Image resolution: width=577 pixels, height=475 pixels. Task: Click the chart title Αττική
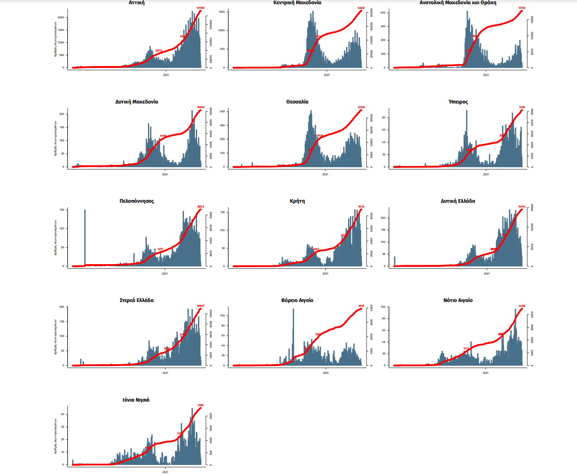pyautogui.click(x=136, y=3)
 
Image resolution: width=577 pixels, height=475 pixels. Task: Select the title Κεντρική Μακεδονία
pyautogui.click(x=297, y=3)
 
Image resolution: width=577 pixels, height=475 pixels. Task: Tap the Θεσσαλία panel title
pyautogui.click(x=297, y=102)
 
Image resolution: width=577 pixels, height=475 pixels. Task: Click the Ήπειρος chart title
pyautogui.click(x=458, y=102)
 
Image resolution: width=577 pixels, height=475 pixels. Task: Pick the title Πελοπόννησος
pyautogui.click(x=136, y=201)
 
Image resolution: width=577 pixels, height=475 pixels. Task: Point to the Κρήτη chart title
pyautogui.click(x=297, y=201)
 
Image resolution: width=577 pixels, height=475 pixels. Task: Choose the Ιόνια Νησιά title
pyautogui.click(x=136, y=400)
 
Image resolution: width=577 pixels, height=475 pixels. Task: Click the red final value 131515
pyautogui.click(x=200, y=8)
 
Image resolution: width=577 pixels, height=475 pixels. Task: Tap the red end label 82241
pyautogui.click(x=361, y=8)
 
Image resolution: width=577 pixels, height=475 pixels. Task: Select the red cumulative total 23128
pyautogui.click(x=361, y=107)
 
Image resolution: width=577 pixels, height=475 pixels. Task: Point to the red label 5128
pyautogui.click(x=522, y=107)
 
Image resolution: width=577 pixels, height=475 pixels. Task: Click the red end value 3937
pyautogui.click(x=361, y=306)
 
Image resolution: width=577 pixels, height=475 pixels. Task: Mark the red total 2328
pyautogui.click(x=200, y=405)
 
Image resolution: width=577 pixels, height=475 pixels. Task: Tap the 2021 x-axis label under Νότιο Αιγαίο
pyautogui.click(x=485, y=373)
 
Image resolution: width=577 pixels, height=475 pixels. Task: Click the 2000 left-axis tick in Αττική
pyautogui.click(x=61, y=17)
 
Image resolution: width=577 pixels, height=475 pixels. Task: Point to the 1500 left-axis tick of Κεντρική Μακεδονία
pyautogui.click(x=221, y=12)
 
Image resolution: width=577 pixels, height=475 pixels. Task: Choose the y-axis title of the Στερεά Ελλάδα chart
pyautogui.click(x=55, y=337)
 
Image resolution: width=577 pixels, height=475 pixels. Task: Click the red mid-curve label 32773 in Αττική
pyautogui.click(x=158, y=51)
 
